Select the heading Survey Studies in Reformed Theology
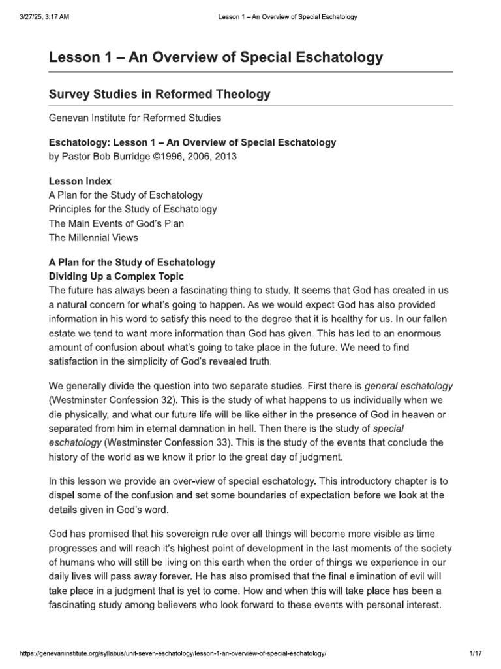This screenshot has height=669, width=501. click(x=159, y=94)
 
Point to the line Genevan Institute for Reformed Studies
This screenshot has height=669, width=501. click(x=135, y=118)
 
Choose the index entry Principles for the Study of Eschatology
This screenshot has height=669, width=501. click(x=133, y=210)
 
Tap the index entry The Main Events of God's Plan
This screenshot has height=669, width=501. click(x=116, y=224)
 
